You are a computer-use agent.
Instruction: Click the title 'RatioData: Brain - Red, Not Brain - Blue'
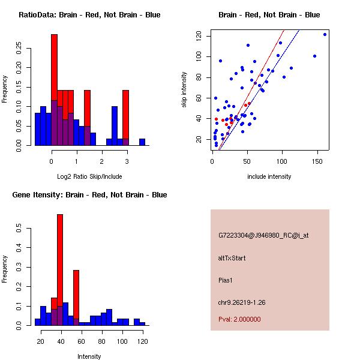(89, 14)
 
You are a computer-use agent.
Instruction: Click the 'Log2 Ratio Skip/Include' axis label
(89, 176)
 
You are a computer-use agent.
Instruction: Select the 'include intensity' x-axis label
(269, 176)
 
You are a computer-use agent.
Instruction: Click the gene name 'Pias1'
(226, 280)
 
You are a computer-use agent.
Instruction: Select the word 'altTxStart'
(232, 258)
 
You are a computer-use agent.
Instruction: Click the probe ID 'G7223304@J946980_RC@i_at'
(263, 236)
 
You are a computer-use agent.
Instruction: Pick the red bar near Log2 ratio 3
(125, 114)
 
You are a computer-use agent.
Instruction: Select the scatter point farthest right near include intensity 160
(325, 34)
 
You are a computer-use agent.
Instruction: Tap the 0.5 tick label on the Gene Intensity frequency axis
(20, 229)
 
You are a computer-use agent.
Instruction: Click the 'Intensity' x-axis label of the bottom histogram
(89, 356)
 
